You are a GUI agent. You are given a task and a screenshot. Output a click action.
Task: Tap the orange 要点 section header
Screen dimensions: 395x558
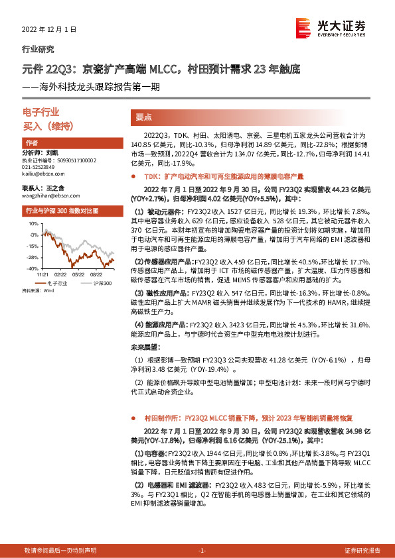coord(145,117)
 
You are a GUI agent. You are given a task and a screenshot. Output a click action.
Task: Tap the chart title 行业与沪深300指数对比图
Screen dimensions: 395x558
coord(61,210)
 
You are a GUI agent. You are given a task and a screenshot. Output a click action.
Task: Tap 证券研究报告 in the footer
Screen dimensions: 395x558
coord(362,551)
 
